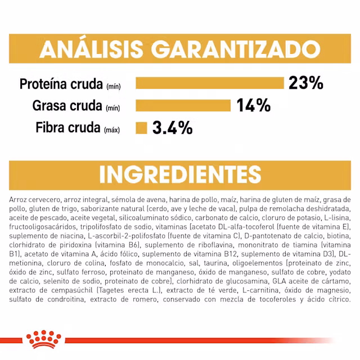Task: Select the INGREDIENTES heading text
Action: coord(180,174)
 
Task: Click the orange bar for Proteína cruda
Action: coord(210,83)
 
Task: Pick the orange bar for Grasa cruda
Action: coord(183,106)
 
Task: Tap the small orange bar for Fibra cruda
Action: coord(141,128)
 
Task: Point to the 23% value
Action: coord(306,83)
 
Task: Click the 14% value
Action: coord(253,106)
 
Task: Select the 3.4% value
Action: coord(172,128)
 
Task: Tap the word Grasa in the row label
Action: coord(48,106)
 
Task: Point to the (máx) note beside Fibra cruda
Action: coord(112,130)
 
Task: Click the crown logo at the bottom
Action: coord(43,339)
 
